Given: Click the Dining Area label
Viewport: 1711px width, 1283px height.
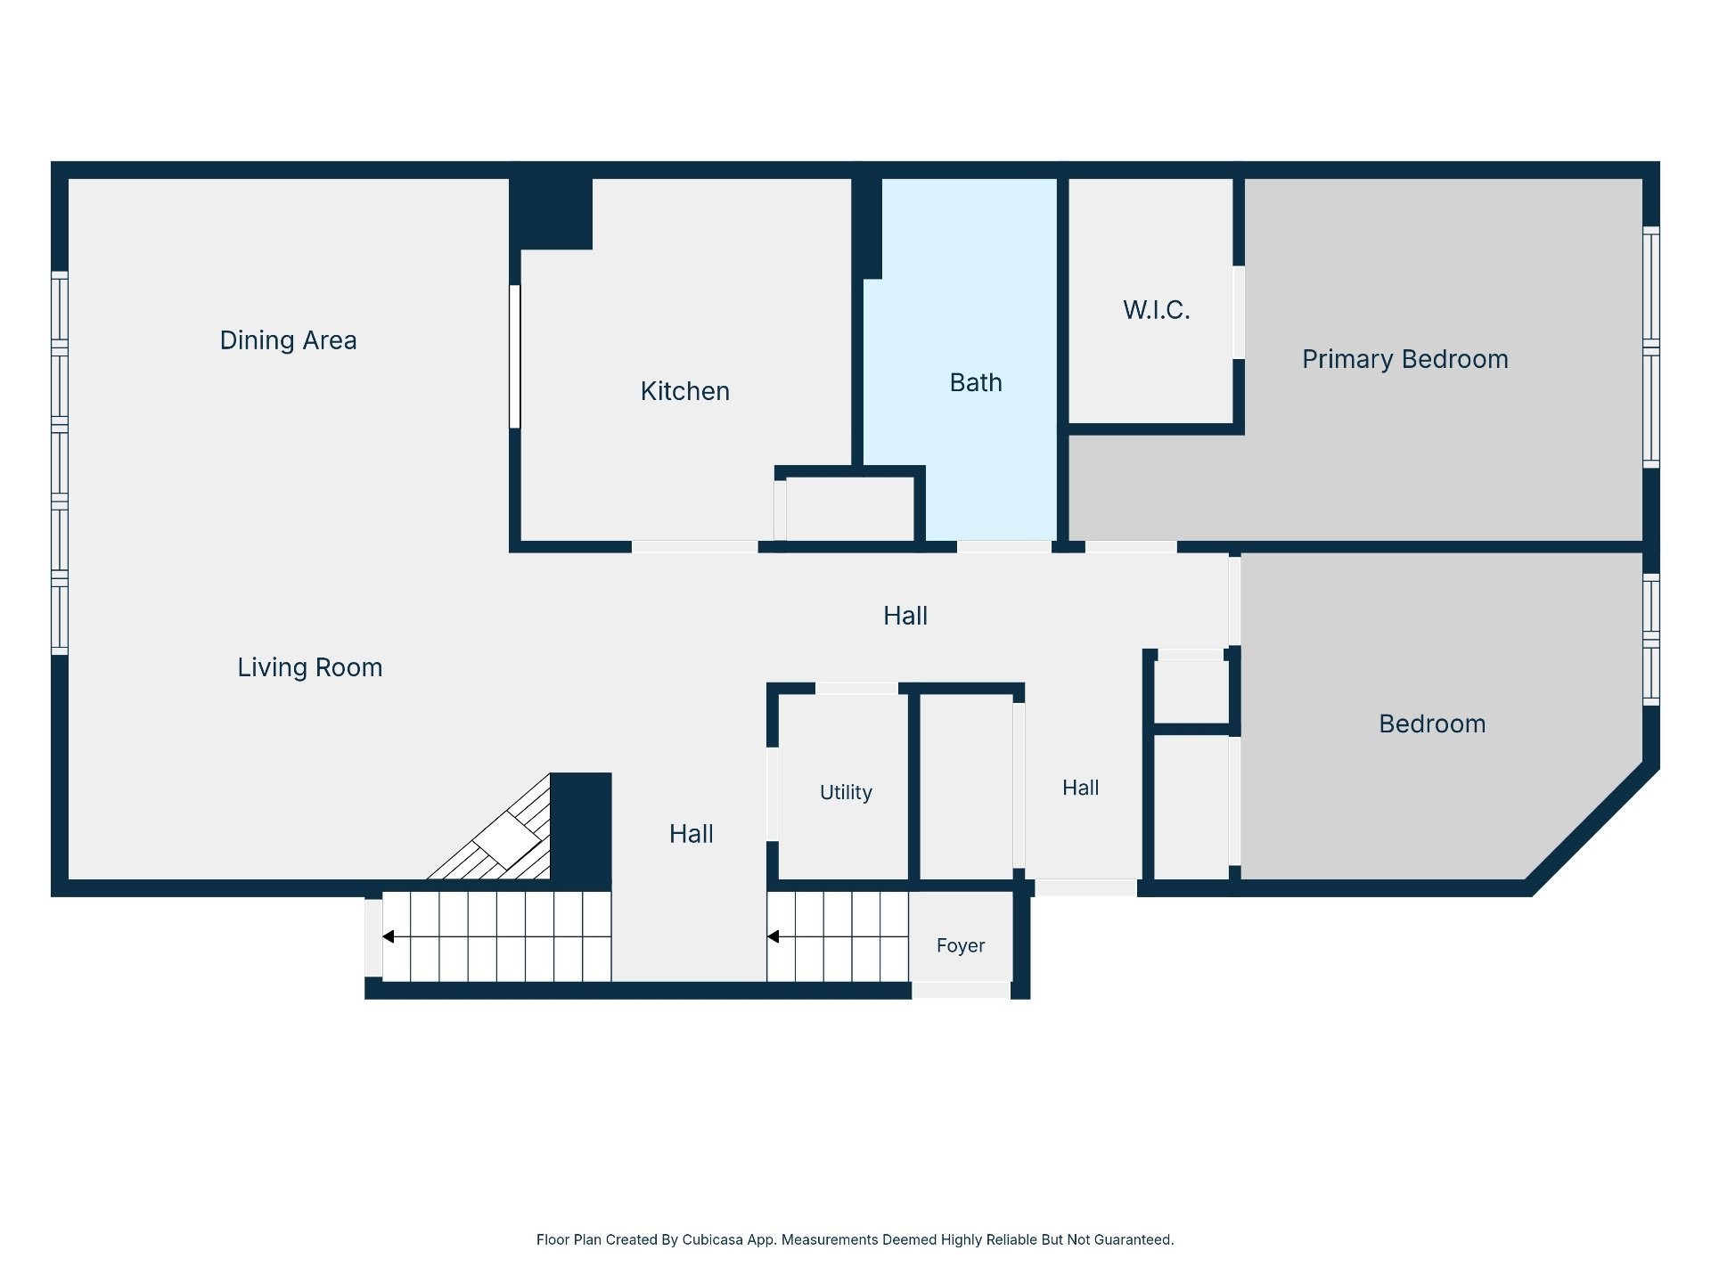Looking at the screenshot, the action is click(288, 340).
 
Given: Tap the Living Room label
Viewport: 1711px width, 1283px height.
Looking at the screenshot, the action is click(309, 667).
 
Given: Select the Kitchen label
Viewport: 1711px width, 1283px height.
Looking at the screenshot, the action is click(684, 391).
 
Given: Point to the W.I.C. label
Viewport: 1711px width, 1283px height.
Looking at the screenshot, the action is click(1156, 310).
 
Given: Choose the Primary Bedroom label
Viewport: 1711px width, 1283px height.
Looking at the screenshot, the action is click(1404, 359).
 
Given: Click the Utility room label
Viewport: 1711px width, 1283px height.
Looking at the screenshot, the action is click(846, 792).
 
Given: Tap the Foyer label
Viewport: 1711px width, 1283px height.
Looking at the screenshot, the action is click(960, 945).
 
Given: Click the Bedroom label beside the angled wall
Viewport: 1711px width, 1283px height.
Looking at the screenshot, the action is click(1432, 723).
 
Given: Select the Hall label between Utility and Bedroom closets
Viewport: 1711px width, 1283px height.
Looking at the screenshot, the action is click(1080, 788).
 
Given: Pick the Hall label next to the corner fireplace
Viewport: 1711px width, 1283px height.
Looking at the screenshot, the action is click(691, 834).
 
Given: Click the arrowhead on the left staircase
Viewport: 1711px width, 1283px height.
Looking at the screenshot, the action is click(389, 936).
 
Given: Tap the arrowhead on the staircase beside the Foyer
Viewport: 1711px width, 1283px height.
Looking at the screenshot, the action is click(774, 936).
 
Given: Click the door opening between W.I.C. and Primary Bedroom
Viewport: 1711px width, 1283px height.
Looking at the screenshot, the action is click(1239, 312).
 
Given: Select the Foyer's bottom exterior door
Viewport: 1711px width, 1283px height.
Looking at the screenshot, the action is click(961, 991).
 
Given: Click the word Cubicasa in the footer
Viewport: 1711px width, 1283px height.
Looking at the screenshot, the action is click(712, 1239).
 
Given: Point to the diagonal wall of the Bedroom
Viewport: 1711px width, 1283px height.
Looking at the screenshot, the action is click(1592, 828).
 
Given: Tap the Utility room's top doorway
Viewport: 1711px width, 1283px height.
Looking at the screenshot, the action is click(856, 689).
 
